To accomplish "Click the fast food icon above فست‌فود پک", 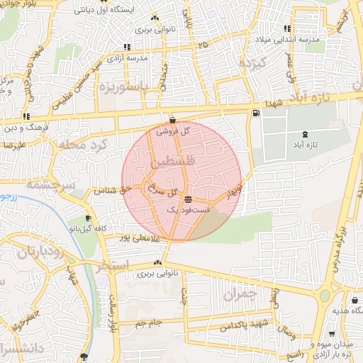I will pyautogui.click(x=186, y=199).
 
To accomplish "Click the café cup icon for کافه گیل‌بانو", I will pyautogui.click(x=88, y=219).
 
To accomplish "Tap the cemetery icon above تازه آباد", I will pyautogui.click(x=306, y=134).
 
